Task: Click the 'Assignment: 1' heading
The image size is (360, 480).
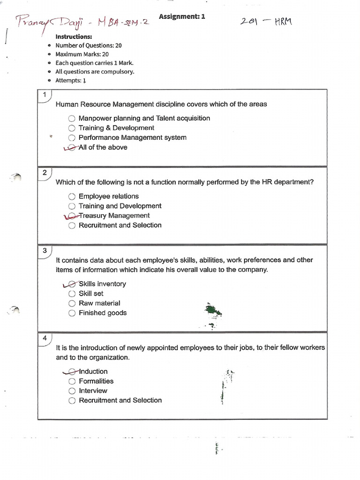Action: click(182, 17)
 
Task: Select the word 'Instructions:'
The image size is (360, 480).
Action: click(74, 37)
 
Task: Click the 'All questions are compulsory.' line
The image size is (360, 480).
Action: click(95, 72)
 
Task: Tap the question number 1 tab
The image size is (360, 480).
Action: click(44, 95)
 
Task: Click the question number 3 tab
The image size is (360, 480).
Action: click(44, 251)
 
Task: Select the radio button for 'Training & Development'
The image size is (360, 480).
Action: click(71, 128)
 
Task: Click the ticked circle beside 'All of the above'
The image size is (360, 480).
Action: click(71, 148)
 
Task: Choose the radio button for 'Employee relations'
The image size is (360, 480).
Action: click(71, 196)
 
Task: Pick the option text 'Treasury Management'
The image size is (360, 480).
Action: click(114, 216)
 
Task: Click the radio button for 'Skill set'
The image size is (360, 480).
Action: click(71, 293)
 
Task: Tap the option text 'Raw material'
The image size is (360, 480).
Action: click(99, 303)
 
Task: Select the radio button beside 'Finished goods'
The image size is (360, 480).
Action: click(71, 313)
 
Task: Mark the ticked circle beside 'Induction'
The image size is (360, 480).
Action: click(71, 372)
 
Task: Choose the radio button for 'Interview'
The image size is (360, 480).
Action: click(71, 391)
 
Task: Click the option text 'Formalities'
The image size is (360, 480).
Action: click(96, 381)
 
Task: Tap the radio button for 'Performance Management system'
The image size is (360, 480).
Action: click(71, 138)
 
